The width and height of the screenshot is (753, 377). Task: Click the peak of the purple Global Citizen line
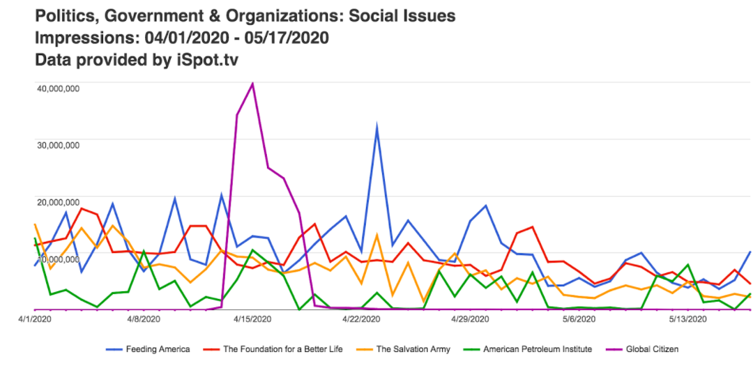click(x=252, y=84)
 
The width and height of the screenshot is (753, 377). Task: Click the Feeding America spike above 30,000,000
click(x=377, y=128)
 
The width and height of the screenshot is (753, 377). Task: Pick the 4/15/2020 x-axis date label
click(x=252, y=319)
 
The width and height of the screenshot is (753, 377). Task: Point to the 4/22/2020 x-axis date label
click(x=360, y=319)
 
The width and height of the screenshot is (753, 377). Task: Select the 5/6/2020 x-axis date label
click(x=578, y=319)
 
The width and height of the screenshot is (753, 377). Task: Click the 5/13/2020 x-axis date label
click(x=687, y=319)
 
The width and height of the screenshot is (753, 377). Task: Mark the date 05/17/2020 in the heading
click(x=287, y=38)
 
